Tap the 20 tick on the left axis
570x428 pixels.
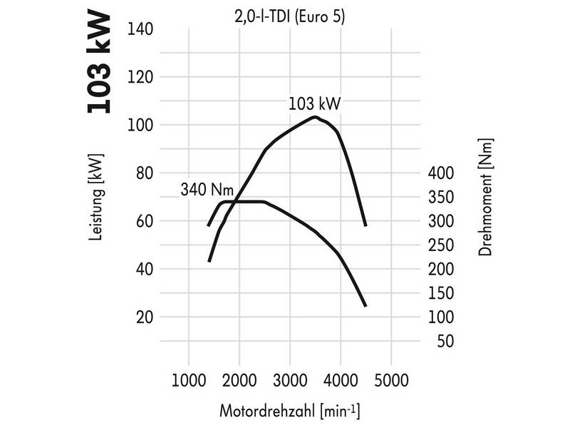click(x=146, y=317)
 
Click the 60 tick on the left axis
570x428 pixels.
click(x=146, y=221)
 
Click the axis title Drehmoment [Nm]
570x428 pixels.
click(x=487, y=198)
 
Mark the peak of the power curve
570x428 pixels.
click(x=314, y=116)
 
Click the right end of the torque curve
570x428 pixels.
click(x=366, y=306)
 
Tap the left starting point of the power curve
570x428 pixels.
click(x=209, y=261)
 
